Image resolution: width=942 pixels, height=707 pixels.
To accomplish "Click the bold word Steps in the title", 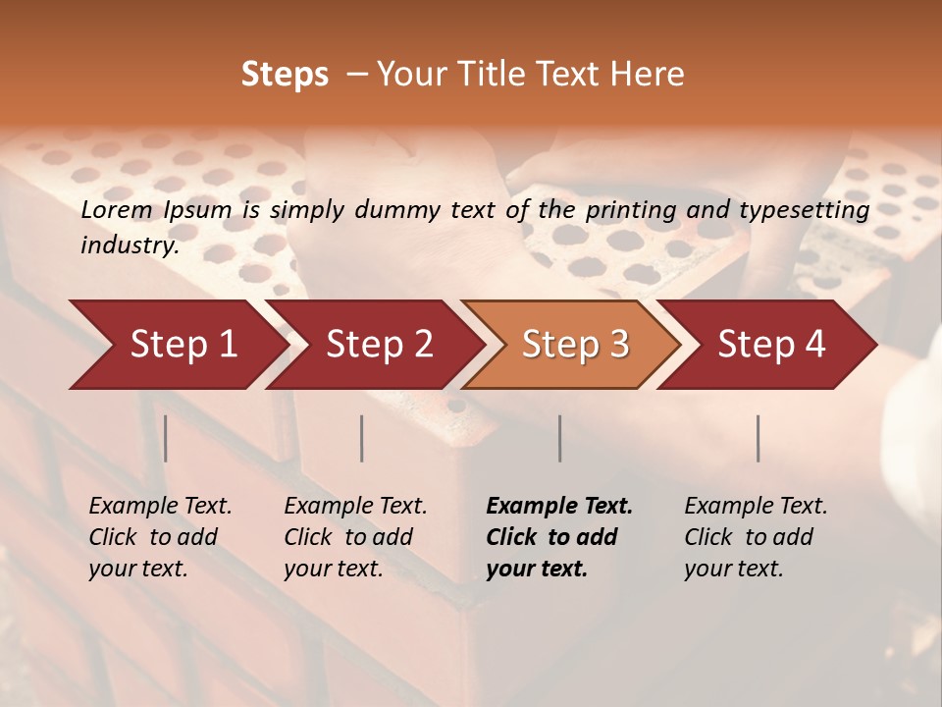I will [285, 75].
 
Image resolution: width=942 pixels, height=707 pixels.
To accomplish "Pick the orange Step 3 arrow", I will [575, 345].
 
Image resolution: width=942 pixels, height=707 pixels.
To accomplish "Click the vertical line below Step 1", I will [166, 438].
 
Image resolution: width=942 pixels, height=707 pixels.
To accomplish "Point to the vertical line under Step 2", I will [362, 438].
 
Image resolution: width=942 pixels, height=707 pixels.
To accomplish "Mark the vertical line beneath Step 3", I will [560, 438].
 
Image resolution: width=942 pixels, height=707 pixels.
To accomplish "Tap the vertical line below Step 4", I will [759, 438].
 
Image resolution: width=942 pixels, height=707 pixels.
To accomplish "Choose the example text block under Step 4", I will [756, 537].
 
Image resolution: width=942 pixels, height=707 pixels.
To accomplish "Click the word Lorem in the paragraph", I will [117, 209].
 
